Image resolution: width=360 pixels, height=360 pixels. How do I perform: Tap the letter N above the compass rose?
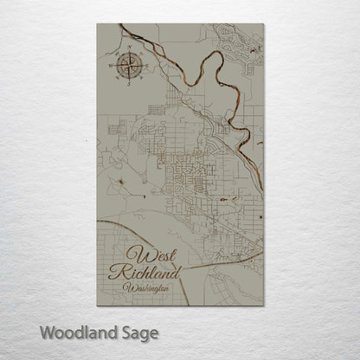click(128, 51)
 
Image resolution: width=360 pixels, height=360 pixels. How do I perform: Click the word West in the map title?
click(153, 255)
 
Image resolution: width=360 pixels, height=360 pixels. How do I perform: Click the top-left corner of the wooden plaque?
click(98, 23)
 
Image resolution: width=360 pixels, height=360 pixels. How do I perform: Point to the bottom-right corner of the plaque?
click(263, 305)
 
